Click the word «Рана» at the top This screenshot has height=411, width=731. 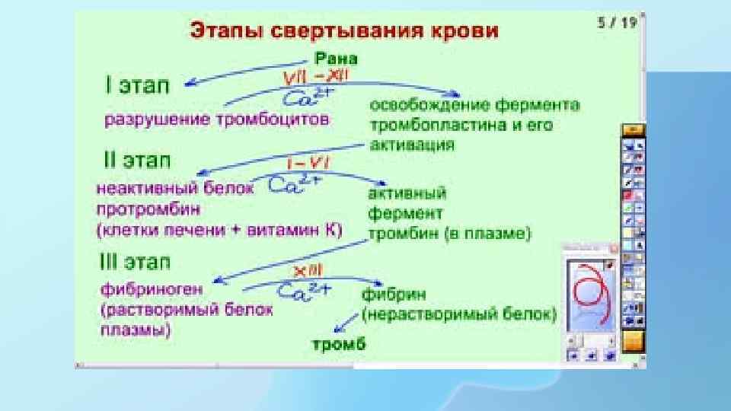point(336,58)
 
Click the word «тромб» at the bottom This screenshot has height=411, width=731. point(340,343)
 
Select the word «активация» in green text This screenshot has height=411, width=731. point(413,143)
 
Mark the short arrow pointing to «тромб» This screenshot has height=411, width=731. point(347,320)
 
